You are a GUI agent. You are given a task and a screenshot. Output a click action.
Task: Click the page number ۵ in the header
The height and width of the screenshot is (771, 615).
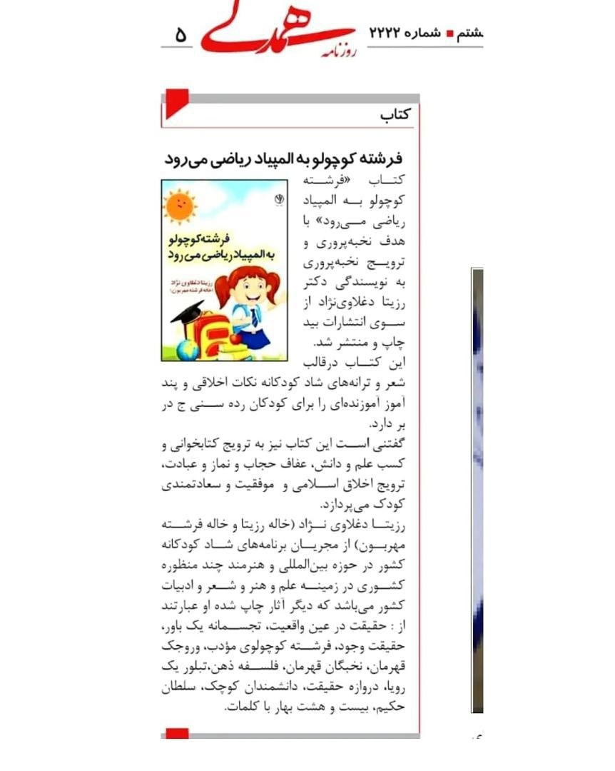pos(181,34)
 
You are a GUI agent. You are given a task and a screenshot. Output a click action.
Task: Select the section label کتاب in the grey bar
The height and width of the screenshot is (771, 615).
pos(395,115)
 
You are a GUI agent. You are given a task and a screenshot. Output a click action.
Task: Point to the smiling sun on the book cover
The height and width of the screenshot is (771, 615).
pos(178,206)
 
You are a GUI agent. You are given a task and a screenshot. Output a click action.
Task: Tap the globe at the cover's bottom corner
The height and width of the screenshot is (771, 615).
pos(187,349)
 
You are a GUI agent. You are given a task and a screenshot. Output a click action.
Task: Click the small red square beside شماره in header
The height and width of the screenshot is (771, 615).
pos(449,33)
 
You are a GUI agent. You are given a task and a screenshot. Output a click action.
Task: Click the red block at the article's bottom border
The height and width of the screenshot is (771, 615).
pos(177,733)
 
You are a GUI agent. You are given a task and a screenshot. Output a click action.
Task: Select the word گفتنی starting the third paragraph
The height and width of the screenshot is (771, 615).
pos(388,445)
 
